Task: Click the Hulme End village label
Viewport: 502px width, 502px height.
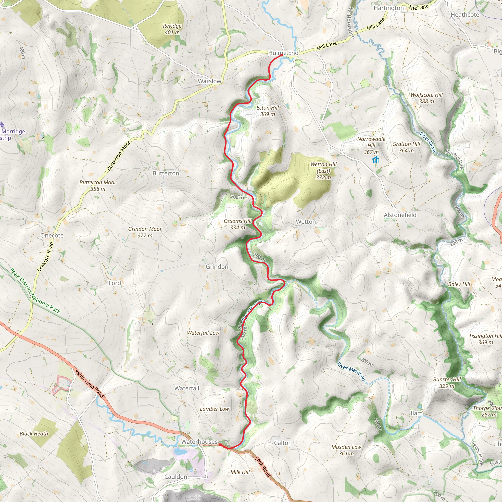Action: [283, 53]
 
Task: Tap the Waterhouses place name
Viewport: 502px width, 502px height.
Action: [199, 441]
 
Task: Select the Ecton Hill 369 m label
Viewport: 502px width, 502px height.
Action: [267, 111]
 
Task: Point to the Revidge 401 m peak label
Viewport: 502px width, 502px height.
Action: [172, 29]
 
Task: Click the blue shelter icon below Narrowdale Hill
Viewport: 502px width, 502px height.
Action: [376, 160]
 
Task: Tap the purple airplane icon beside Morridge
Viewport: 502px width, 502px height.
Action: [3, 125]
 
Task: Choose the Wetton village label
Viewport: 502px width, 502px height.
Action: [306, 222]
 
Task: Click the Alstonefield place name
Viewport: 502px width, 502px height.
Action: [400, 215]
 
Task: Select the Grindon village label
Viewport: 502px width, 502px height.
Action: [217, 267]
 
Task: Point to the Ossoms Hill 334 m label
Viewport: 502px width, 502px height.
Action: [238, 224]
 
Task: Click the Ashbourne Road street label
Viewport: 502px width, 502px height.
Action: [89, 383]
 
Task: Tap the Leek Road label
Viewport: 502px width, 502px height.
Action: [263, 467]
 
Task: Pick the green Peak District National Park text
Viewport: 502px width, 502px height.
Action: [35, 291]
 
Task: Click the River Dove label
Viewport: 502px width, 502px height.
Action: [428, 142]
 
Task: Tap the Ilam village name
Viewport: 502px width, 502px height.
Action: [416, 413]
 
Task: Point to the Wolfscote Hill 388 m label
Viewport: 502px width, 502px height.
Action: [427, 98]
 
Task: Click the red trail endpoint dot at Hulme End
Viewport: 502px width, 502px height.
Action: [282, 55]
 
